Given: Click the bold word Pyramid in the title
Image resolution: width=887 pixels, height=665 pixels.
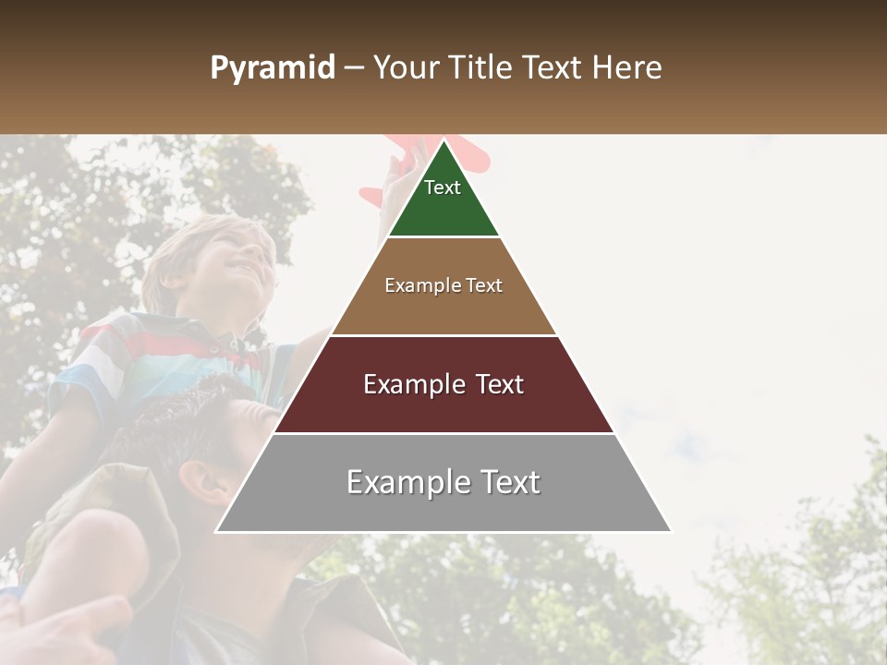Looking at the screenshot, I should (272, 68).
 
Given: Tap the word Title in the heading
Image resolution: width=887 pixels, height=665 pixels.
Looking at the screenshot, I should (480, 68).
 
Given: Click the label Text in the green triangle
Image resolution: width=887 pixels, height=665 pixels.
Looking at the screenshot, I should (443, 187).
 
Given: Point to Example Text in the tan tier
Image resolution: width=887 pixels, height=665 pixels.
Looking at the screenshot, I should (443, 285).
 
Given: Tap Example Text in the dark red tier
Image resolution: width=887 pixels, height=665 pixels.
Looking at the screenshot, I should (443, 384).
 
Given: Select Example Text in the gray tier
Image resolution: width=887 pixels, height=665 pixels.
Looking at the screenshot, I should (443, 482).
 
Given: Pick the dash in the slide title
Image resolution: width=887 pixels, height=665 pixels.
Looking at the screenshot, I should (354, 68).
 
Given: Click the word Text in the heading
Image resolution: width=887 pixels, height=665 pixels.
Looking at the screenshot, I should (554, 68).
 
